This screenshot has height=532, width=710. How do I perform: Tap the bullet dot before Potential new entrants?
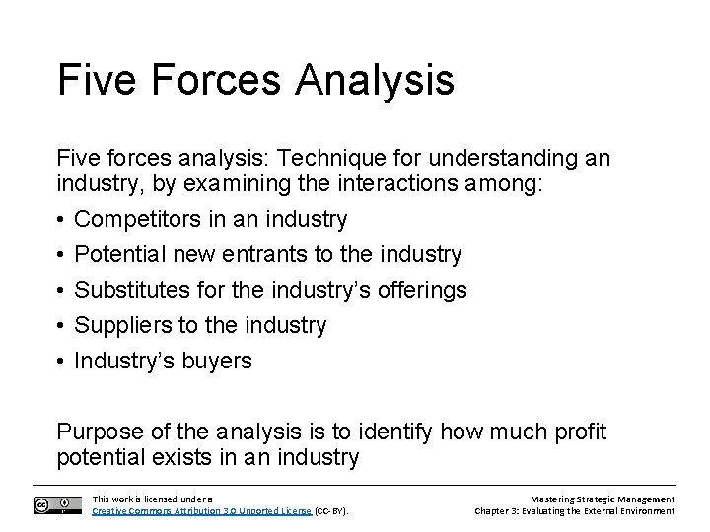[x=62, y=255]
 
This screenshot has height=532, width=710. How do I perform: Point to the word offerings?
[x=416, y=291]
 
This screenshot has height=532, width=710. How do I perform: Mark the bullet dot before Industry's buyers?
[x=62, y=362]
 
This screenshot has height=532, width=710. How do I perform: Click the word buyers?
[x=217, y=362]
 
